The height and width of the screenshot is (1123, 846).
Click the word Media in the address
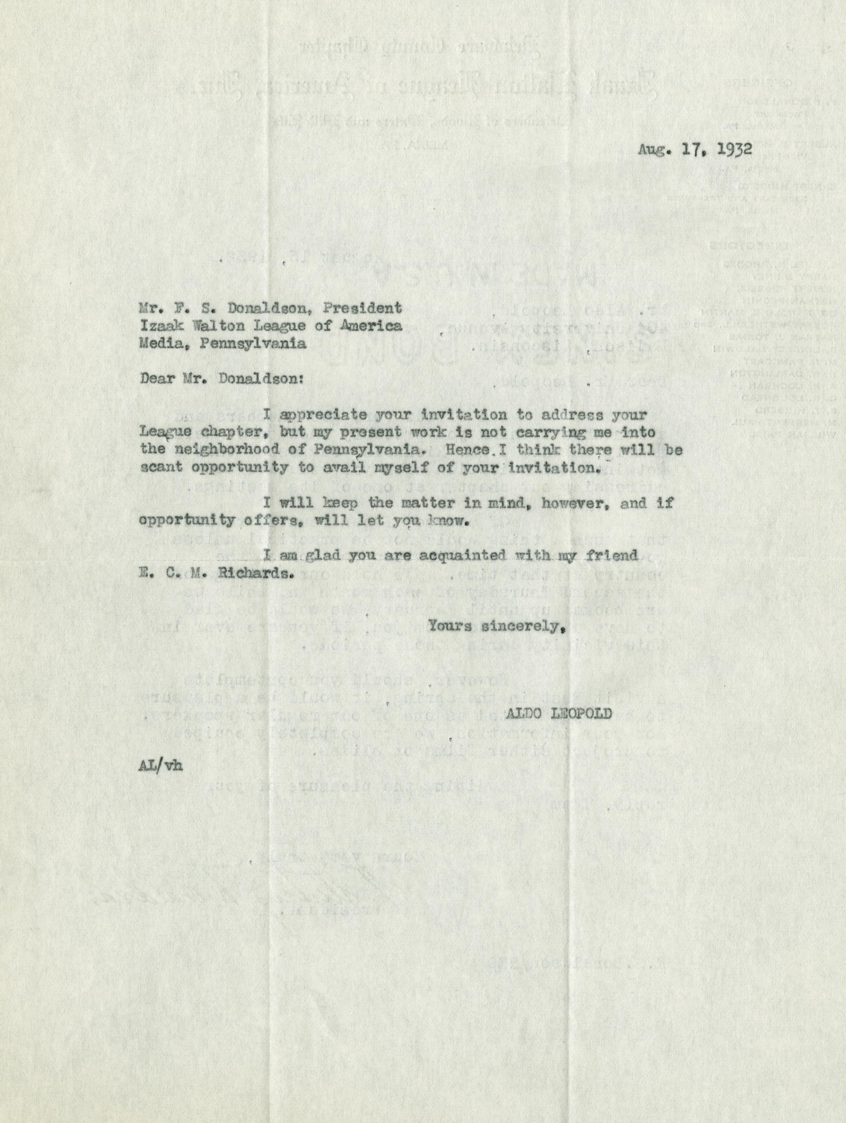[158, 343]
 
